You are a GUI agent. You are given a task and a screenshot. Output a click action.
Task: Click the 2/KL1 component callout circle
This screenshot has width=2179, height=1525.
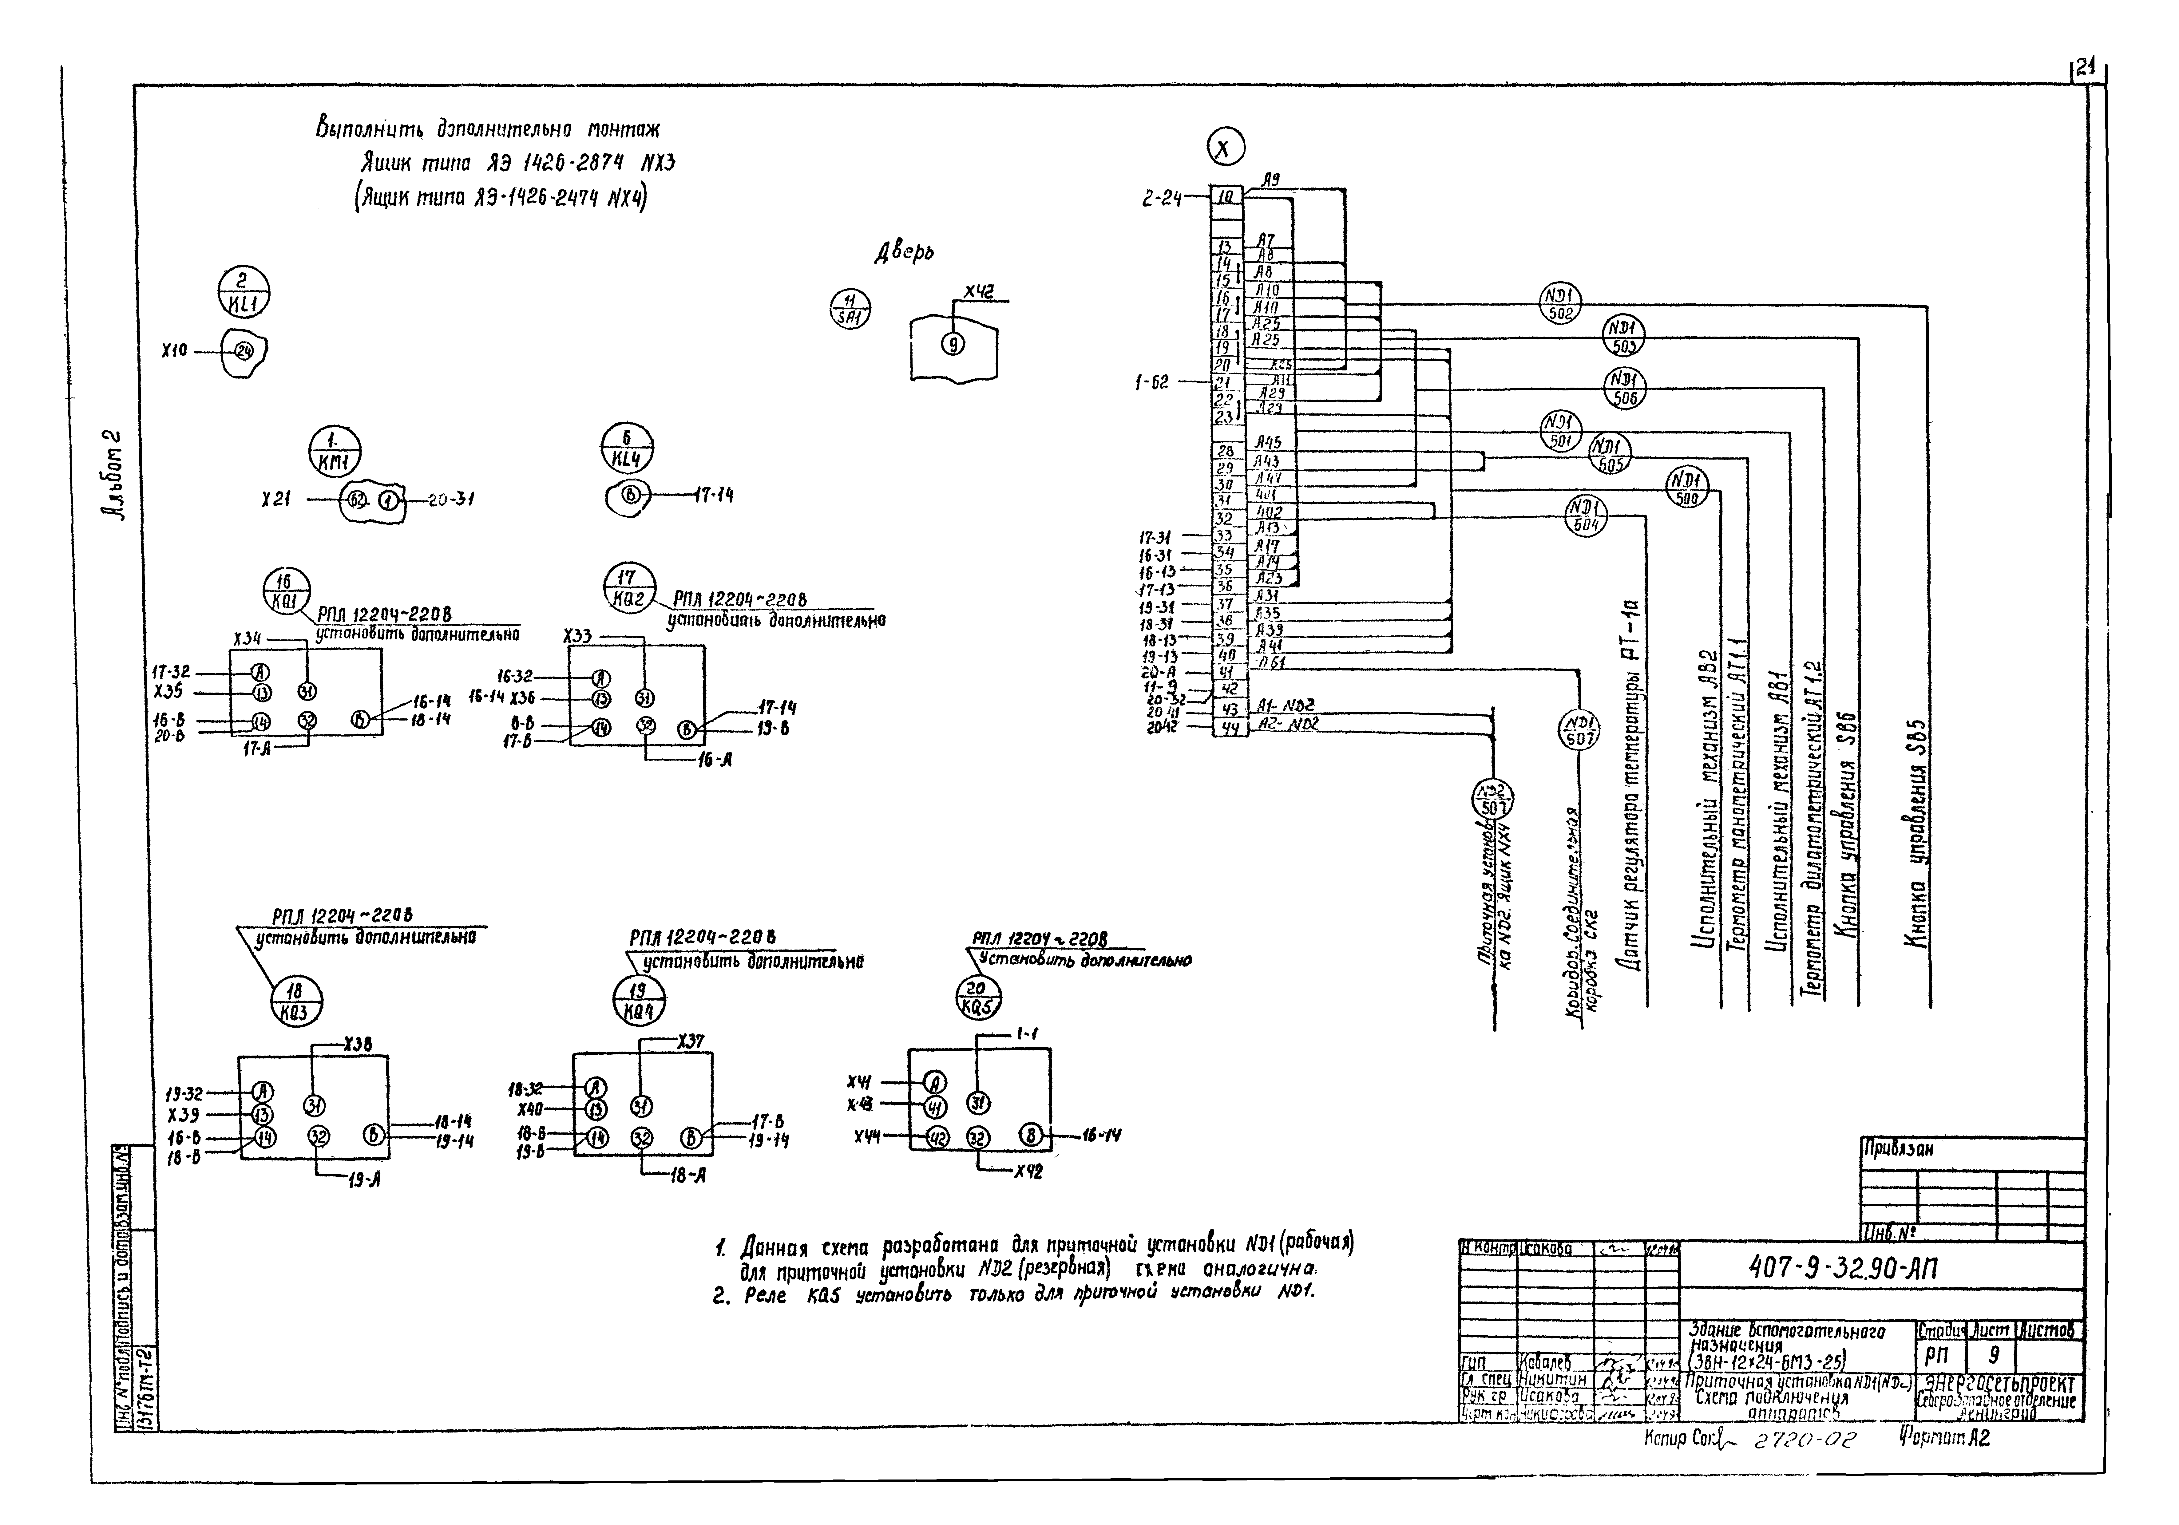tap(244, 291)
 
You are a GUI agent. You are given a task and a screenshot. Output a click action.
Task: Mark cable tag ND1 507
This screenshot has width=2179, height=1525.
tap(1578, 730)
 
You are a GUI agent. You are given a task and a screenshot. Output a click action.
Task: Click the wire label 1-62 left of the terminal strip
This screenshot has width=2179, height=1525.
tap(1152, 382)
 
